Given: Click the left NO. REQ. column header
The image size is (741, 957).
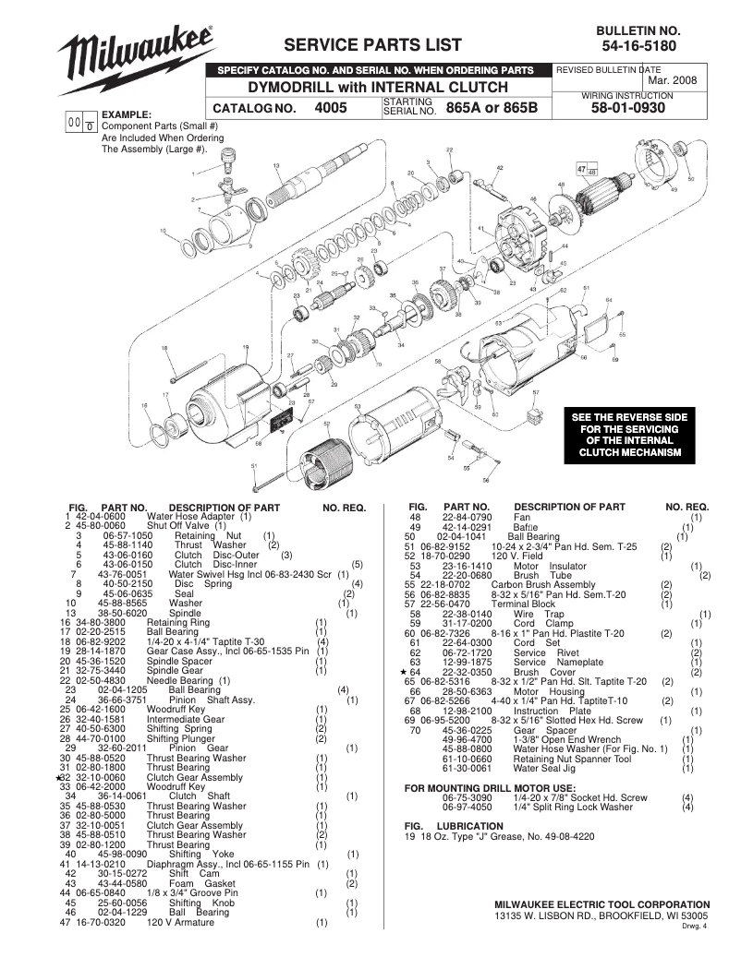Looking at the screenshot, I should tap(344, 508).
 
